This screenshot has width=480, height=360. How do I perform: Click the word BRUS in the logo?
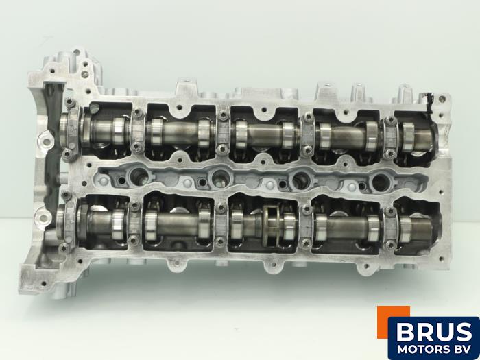[434, 332]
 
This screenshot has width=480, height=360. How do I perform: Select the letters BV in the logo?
[462, 349]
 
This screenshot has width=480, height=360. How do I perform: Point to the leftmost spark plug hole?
[139, 177]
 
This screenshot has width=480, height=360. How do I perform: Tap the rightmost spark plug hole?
[381, 182]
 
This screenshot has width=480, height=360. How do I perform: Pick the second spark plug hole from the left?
[220, 178]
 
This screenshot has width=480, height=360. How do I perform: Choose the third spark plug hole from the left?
[301, 180]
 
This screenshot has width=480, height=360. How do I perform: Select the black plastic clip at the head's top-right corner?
[429, 102]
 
